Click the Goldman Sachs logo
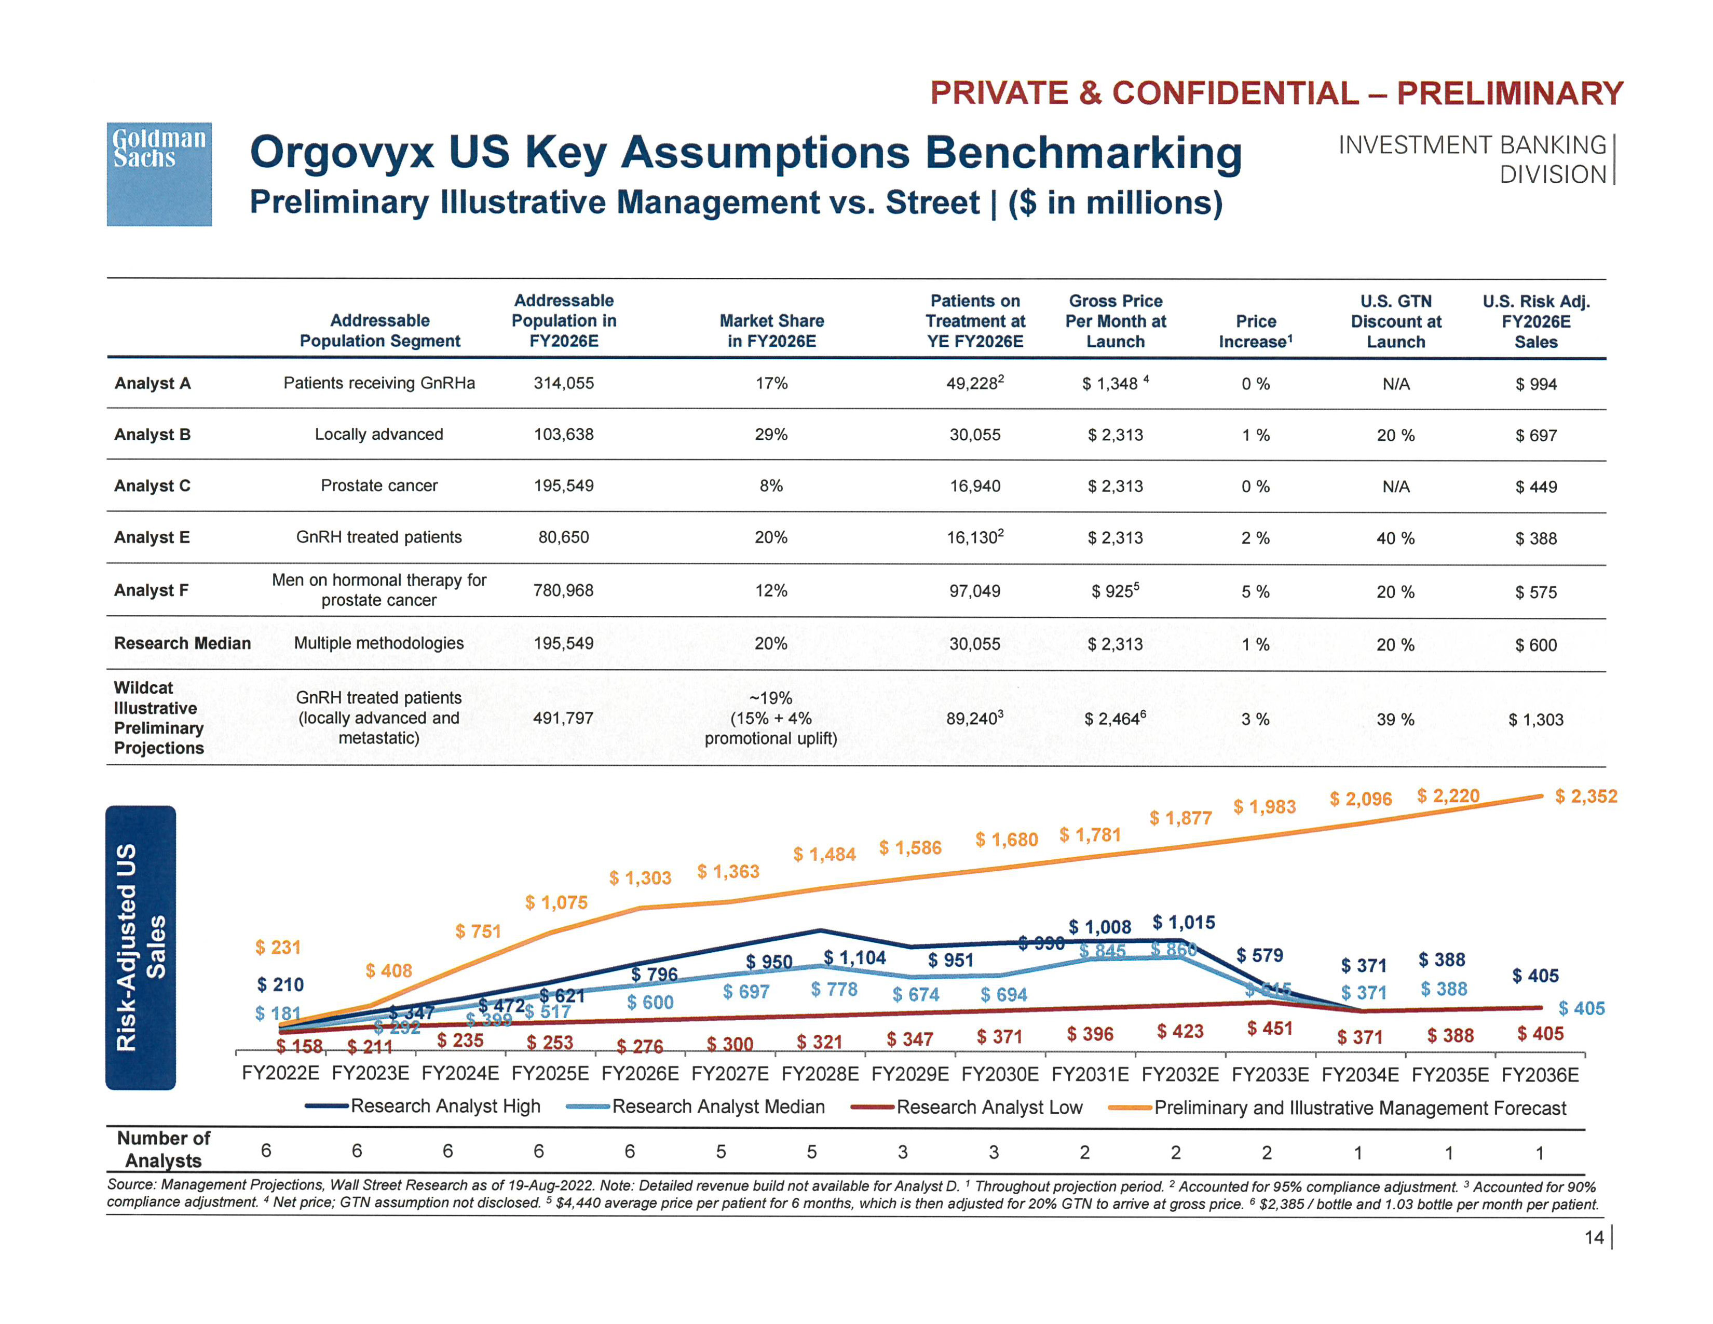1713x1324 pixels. click(159, 173)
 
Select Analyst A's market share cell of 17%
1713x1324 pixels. click(771, 384)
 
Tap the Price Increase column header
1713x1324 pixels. click(1255, 331)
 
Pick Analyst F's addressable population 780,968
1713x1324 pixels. click(563, 591)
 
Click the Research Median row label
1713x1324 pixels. click(182, 643)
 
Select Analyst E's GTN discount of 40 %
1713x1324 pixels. click(1395, 538)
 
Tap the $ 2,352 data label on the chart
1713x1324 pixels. click(1585, 796)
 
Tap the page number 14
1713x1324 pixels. click(1594, 1237)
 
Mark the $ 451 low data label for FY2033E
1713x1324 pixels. click(1269, 1028)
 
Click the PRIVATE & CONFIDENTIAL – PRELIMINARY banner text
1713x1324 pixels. click(1276, 93)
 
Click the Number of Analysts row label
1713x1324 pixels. click(163, 1149)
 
